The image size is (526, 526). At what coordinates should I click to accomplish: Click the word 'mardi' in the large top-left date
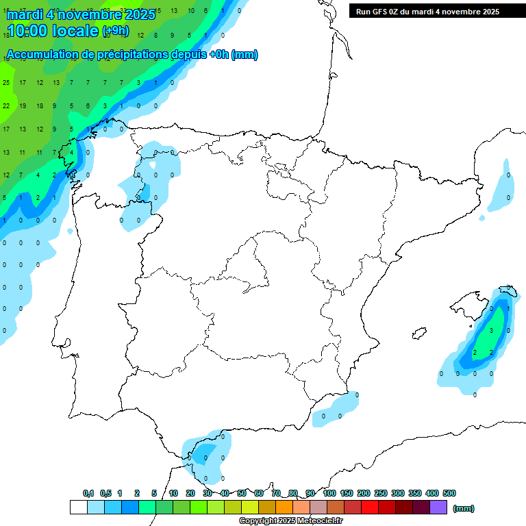click(x=27, y=14)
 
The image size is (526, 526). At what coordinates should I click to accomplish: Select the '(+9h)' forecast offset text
click(x=115, y=31)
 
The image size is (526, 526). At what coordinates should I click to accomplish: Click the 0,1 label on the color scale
click(x=88, y=493)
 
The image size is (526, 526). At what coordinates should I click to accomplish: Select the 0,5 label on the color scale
click(x=105, y=493)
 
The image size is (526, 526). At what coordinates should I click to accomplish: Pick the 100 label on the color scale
click(x=329, y=493)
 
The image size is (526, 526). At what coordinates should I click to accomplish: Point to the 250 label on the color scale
click(x=381, y=493)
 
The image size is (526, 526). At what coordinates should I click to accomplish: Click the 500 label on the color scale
click(x=449, y=493)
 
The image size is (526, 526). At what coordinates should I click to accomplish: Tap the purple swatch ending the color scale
click(x=438, y=507)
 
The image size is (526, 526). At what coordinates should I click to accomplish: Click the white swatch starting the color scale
click(x=78, y=507)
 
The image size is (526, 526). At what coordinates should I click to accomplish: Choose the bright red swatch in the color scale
click(x=370, y=507)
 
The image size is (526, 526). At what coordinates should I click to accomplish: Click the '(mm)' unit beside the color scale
click(x=464, y=508)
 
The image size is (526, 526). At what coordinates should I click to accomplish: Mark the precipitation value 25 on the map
click(x=6, y=83)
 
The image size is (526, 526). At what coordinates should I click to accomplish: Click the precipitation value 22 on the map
click(x=6, y=105)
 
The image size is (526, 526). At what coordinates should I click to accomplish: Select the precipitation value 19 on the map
click(x=23, y=105)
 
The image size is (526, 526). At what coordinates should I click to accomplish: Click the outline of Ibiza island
click(x=418, y=334)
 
